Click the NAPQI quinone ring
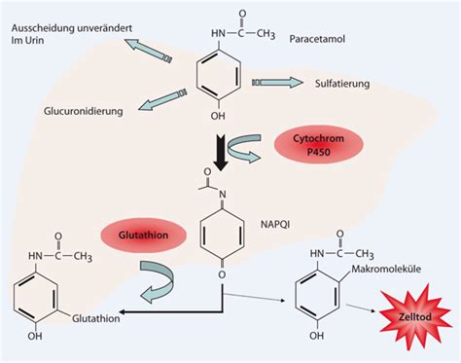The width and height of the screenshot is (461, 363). click(x=221, y=233)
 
